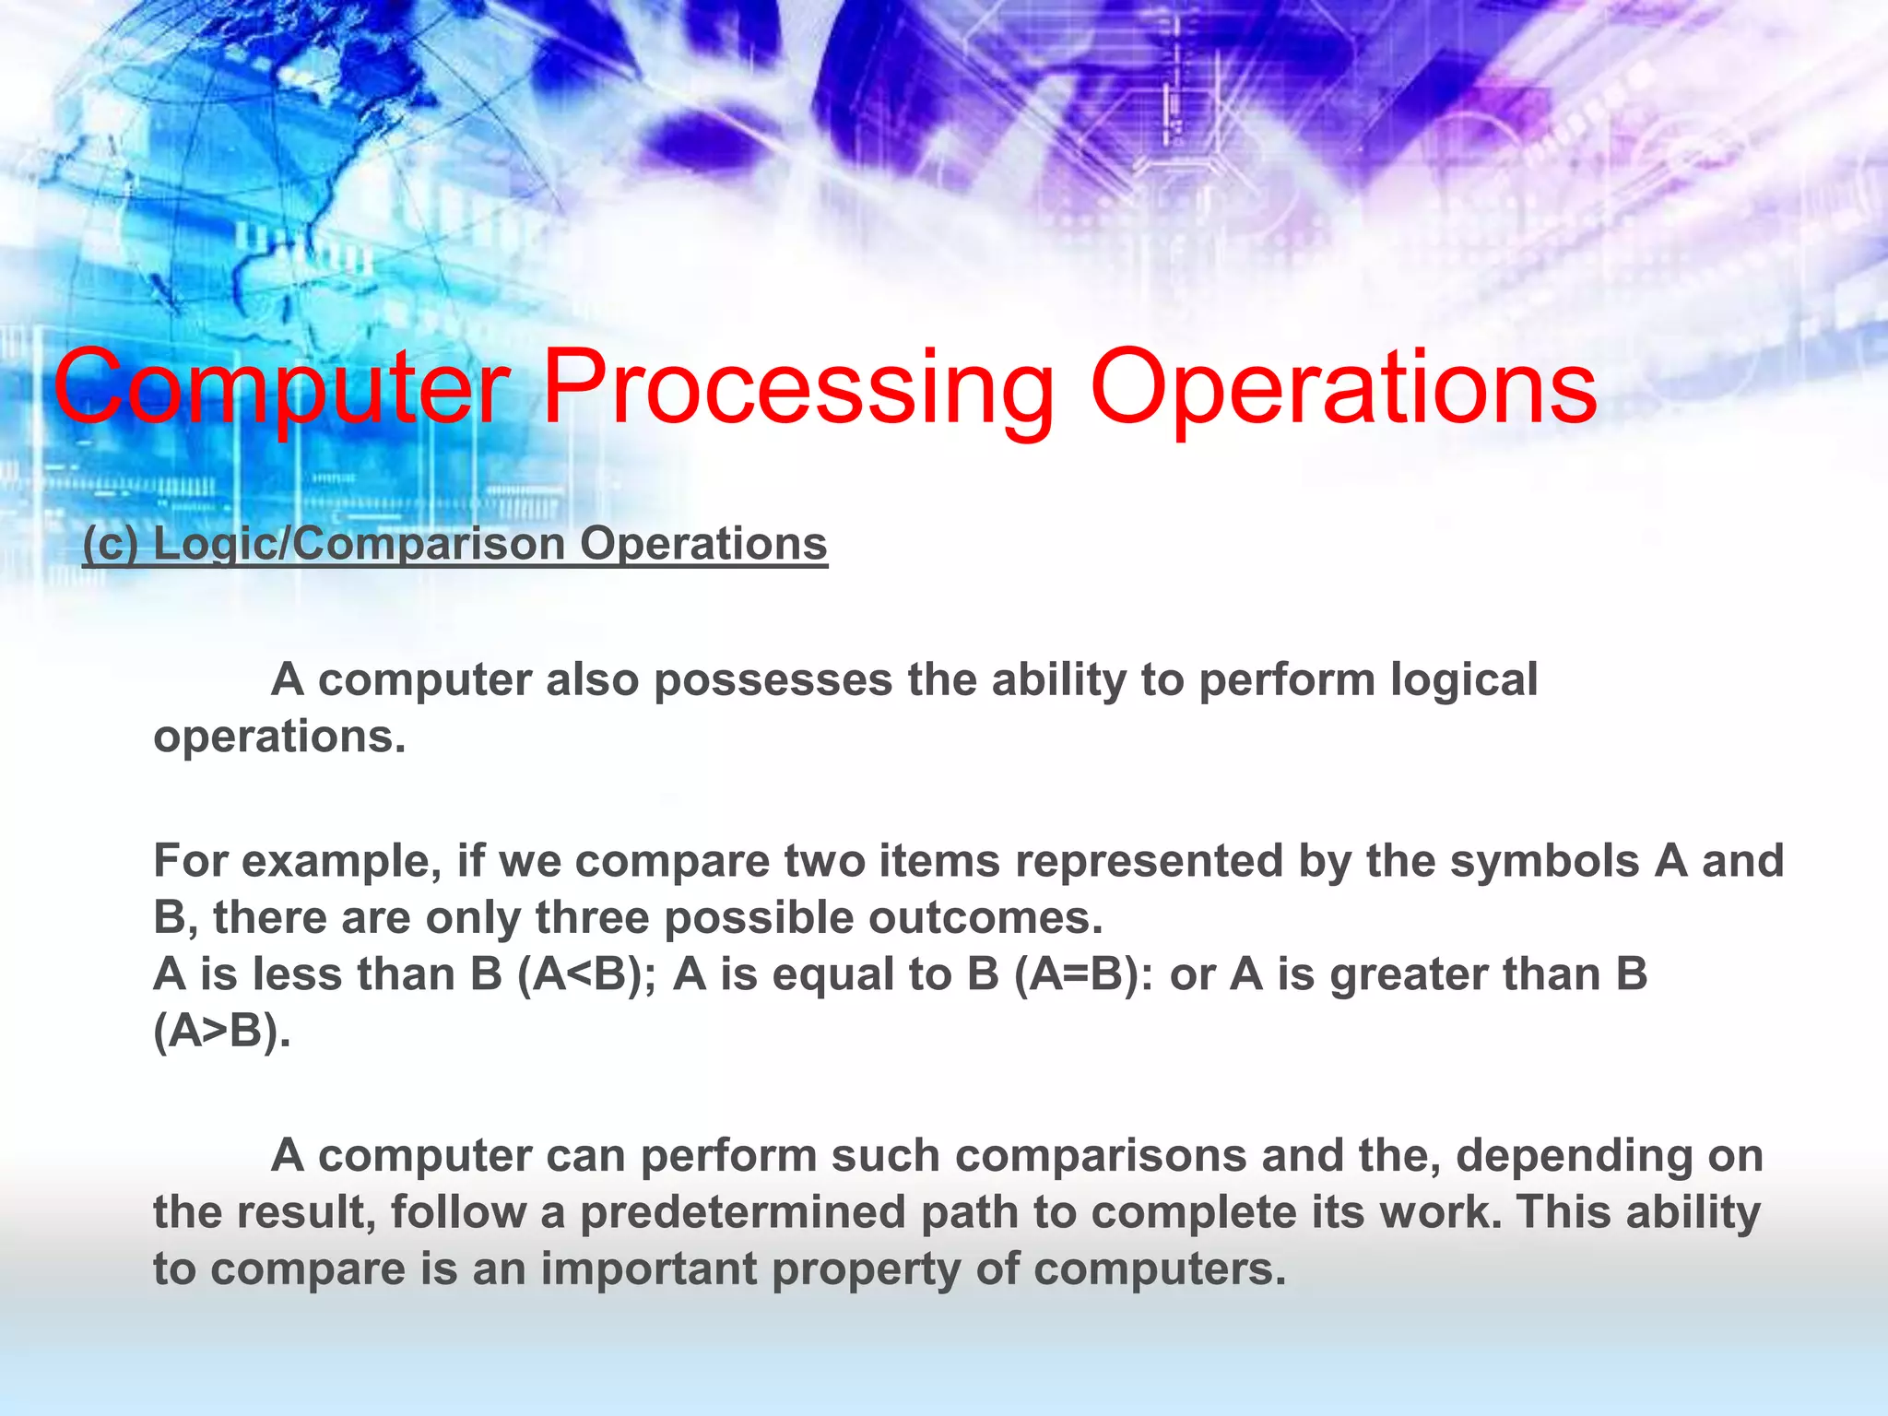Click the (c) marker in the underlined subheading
[111, 543]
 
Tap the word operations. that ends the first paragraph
[279, 737]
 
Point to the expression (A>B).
[222, 1032]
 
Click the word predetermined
[742, 1212]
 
